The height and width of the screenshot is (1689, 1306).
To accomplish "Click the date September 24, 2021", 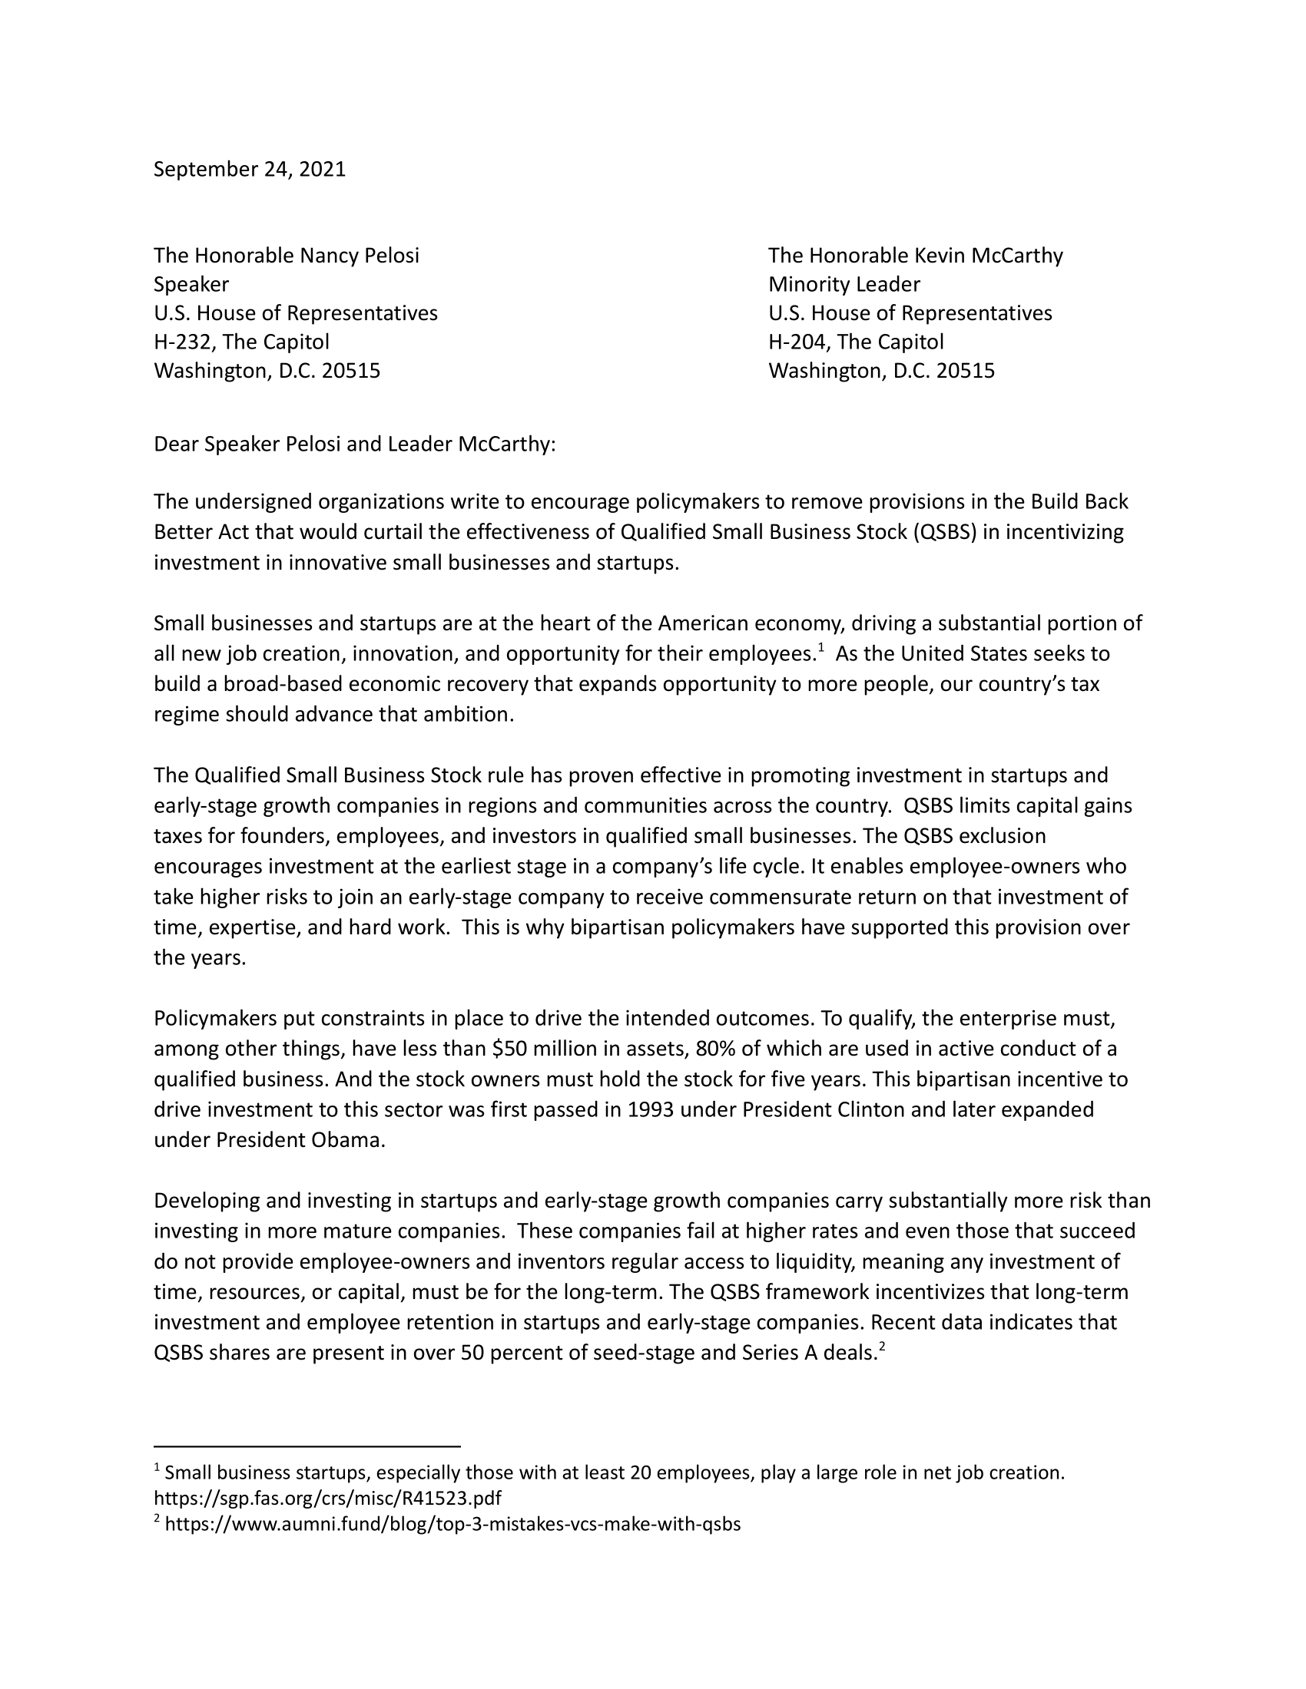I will click(249, 170).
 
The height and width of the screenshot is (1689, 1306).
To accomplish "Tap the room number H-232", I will click(182, 342).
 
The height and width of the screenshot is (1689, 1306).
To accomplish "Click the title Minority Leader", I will click(844, 285).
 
